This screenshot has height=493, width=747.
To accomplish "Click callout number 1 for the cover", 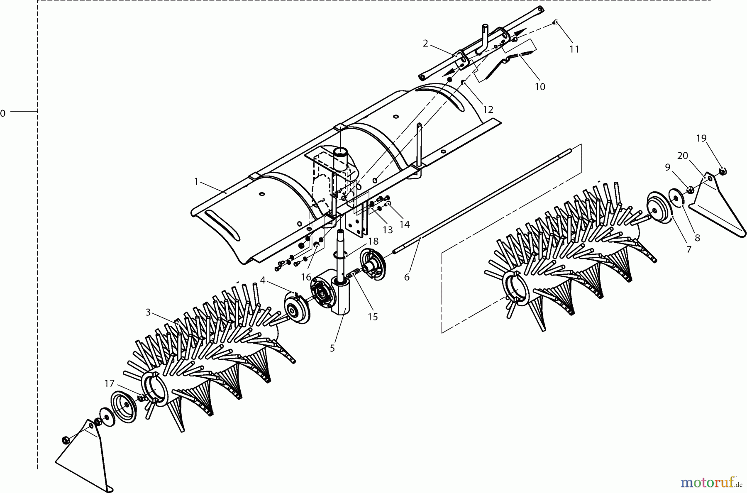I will point(196,182).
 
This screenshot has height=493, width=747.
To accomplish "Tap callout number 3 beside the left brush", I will point(148,312).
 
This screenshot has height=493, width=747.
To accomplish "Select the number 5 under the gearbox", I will point(332,349).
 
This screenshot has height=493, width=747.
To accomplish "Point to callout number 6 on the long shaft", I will point(407,277).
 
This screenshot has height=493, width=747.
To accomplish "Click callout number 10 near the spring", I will point(540,87).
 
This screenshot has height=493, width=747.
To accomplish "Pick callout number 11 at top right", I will point(574,49).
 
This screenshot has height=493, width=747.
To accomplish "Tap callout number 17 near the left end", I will point(109,384).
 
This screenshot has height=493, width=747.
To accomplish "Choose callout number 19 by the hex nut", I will point(701,139).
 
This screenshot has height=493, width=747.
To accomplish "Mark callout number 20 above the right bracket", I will point(683,156).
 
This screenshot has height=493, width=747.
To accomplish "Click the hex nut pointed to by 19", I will point(722,171).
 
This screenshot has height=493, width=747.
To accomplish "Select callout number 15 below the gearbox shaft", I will point(373,317).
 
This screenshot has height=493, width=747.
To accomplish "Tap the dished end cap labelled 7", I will point(660,210).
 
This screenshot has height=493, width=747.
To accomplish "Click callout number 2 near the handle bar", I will point(425,44).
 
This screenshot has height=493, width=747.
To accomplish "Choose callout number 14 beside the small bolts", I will point(405,225).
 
